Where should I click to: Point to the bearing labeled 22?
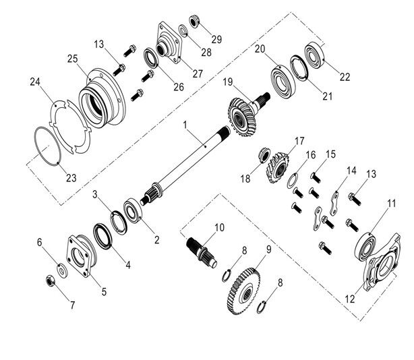[x=315, y=53]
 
